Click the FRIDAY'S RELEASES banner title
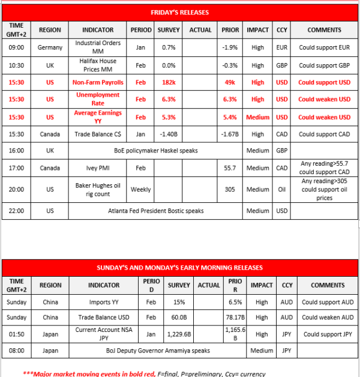(x=179, y=11)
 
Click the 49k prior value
(x=228, y=83)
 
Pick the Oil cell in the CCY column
(x=281, y=189)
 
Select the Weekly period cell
(x=141, y=189)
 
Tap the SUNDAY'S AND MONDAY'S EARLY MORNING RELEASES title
(x=179, y=267)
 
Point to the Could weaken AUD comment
(x=326, y=317)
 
